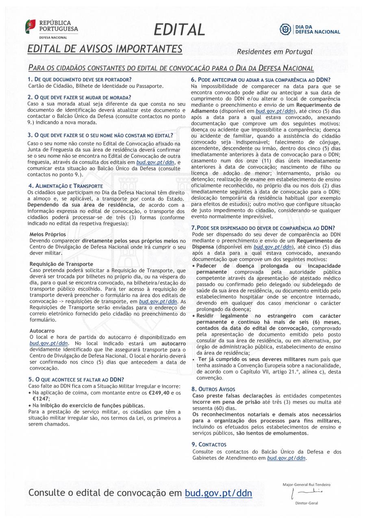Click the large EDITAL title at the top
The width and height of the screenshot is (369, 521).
[x=179, y=29]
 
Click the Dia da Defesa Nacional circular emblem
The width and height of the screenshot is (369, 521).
[x=285, y=29]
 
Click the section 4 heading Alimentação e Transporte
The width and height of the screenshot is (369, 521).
[x=65, y=186]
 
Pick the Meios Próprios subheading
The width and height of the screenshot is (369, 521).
[x=48, y=234]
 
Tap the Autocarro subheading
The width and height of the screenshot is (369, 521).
[x=41, y=331]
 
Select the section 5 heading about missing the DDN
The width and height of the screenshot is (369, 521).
[x=76, y=379]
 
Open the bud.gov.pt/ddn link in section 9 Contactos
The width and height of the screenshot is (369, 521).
[x=286, y=458]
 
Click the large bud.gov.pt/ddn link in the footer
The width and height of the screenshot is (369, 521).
[x=218, y=493]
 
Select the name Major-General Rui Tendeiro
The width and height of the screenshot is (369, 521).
[x=306, y=484]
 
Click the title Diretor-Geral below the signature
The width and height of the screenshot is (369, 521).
[x=306, y=503]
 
